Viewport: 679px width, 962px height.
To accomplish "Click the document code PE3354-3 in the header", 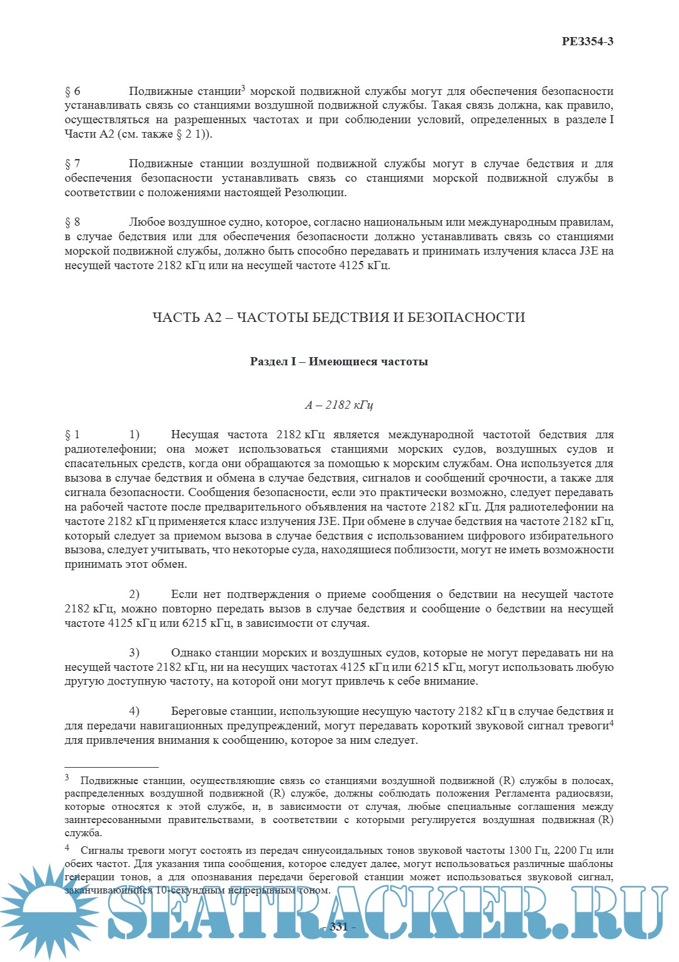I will click(587, 41).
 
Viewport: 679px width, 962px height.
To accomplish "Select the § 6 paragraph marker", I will click(72, 91).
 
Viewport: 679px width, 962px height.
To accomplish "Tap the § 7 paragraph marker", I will click(72, 164).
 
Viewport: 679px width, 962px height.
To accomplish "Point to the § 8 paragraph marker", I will click(72, 222).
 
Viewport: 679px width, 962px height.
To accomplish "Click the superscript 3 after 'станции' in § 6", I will click(243, 87).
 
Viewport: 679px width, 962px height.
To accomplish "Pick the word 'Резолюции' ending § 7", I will click(314, 193).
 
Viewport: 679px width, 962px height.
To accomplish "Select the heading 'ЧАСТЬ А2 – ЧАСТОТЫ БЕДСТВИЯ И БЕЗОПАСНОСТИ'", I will click(339, 317).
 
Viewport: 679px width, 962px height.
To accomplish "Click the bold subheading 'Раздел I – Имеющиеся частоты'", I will click(339, 362).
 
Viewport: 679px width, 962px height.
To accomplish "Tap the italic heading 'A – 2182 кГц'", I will click(339, 405).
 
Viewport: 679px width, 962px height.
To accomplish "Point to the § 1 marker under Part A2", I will click(72, 434).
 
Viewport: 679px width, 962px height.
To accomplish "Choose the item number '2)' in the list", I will click(134, 594).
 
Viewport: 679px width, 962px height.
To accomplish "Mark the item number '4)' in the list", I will click(134, 711).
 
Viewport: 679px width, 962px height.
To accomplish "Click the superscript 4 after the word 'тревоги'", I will click(611, 722).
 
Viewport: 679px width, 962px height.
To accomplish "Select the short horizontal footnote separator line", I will click(111, 767).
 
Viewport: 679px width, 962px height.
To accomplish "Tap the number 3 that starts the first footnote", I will click(67, 778).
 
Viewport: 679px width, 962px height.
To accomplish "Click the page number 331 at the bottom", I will click(338, 927).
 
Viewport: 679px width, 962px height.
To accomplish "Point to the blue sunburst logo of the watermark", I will click(47, 905).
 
